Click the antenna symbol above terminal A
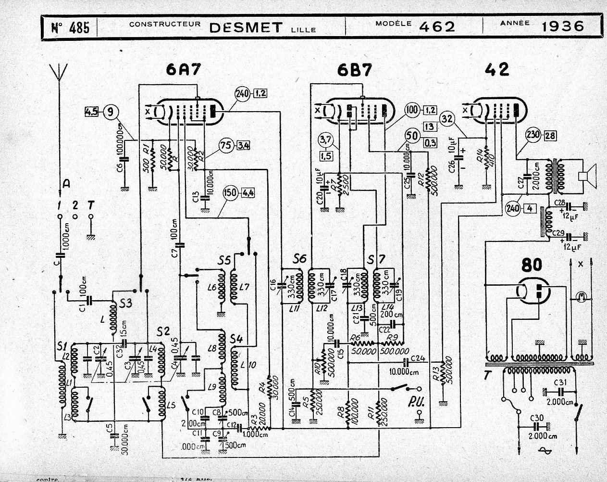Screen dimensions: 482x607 click(59, 75)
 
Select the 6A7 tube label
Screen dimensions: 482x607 click(183, 70)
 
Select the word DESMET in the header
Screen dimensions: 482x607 click(245, 27)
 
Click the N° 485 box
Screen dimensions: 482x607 click(70, 27)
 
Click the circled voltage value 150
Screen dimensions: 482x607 click(231, 194)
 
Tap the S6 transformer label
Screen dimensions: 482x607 click(300, 258)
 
